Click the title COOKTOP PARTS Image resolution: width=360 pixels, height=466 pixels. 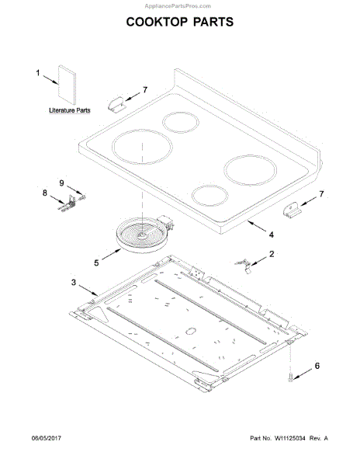coord(180,22)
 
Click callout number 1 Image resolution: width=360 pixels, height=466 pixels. coord(38,72)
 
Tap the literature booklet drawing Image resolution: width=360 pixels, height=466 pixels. coord(67,85)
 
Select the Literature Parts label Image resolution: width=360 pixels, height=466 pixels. coord(70,110)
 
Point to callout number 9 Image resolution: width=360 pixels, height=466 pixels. coord(61,183)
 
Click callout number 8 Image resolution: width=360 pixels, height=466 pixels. coord(45,193)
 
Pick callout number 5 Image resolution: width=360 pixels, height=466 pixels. coord(96,263)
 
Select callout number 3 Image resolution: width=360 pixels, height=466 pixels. coord(74,282)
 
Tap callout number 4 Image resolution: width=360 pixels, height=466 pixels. coord(272,235)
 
